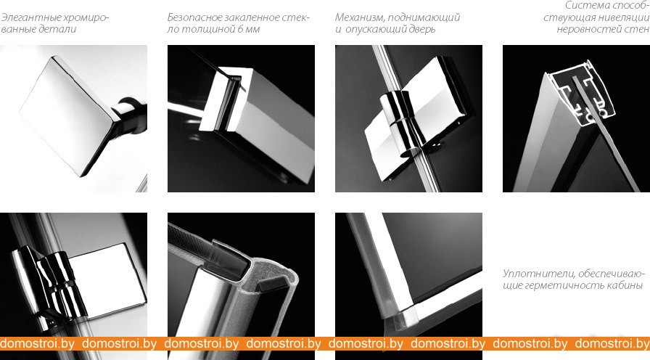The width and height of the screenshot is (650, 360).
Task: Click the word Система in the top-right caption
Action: (x=584, y=6)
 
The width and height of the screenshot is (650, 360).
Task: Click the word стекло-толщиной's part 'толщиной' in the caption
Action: (x=205, y=30)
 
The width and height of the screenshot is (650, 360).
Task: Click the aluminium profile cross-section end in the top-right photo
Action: (x=580, y=94)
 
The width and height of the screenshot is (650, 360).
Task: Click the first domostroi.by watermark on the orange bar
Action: (x=37, y=344)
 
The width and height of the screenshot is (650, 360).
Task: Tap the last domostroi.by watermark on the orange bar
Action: (x=612, y=344)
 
